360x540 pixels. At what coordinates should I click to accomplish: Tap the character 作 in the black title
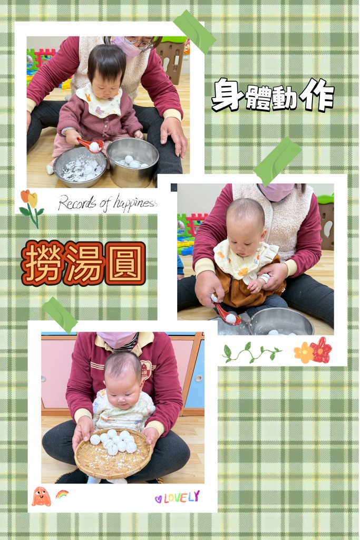click(x=317, y=94)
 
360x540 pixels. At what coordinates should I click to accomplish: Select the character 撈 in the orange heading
click(x=42, y=263)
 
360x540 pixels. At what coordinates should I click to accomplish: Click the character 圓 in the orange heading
click(x=125, y=263)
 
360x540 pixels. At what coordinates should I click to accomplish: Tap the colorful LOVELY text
click(x=177, y=497)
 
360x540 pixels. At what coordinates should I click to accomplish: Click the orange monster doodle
click(x=41, y=497)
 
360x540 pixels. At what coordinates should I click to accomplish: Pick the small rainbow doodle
click(x=62, y=494)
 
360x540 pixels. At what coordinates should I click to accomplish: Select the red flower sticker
click(x=321, y=350)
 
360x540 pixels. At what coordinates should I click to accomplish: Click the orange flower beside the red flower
click(x=304, y=352)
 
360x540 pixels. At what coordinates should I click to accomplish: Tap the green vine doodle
click(x=252, y=353)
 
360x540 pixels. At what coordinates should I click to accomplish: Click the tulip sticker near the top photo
click(x=32, y=208)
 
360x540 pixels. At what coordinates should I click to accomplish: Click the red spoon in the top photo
click(x=90, y=144)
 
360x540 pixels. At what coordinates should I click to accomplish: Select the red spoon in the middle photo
click(x=227, y=314)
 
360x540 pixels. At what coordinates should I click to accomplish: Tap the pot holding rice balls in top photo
click(x=132, y=161)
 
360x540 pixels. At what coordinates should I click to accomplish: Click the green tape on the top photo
click(x=194, y=32)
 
